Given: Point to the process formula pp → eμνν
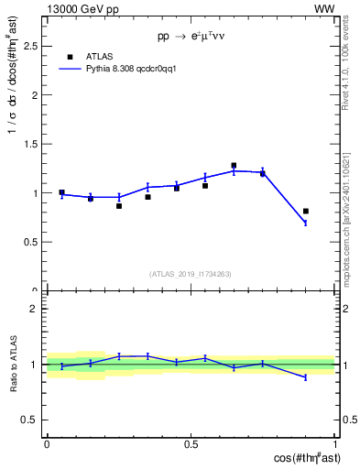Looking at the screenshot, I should [x=191, y=38].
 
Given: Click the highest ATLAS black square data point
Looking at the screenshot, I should [x=234, y=166].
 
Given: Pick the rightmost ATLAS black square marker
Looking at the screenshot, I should [x=306, y=212].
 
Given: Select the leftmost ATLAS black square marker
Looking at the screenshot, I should [x=61, y=192].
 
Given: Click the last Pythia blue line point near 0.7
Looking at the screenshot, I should [x=306, y=223].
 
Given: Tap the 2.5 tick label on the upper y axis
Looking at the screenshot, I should [x=31, y=45].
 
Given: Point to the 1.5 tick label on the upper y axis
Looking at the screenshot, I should [x=31, y=144].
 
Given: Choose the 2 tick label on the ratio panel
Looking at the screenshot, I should [x=35, y=309].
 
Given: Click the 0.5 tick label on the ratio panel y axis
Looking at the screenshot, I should [x=31, y=420].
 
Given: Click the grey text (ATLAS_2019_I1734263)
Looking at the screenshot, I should [x=191, y=274].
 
